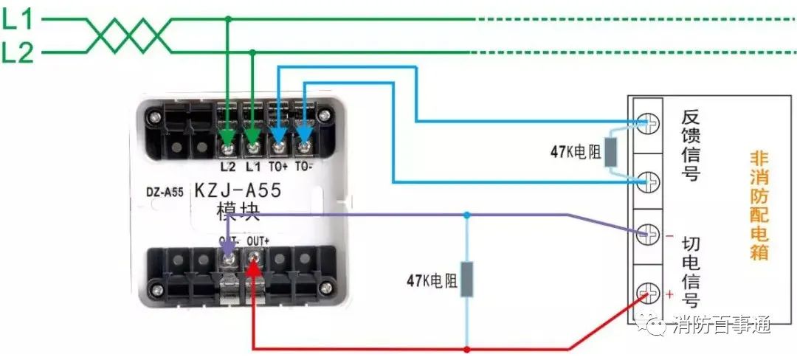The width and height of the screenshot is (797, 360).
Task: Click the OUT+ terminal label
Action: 259,240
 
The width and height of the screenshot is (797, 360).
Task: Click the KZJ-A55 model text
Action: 238,190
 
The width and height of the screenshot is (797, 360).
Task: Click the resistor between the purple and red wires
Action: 466,280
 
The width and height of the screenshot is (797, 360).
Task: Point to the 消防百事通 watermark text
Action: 722,325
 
